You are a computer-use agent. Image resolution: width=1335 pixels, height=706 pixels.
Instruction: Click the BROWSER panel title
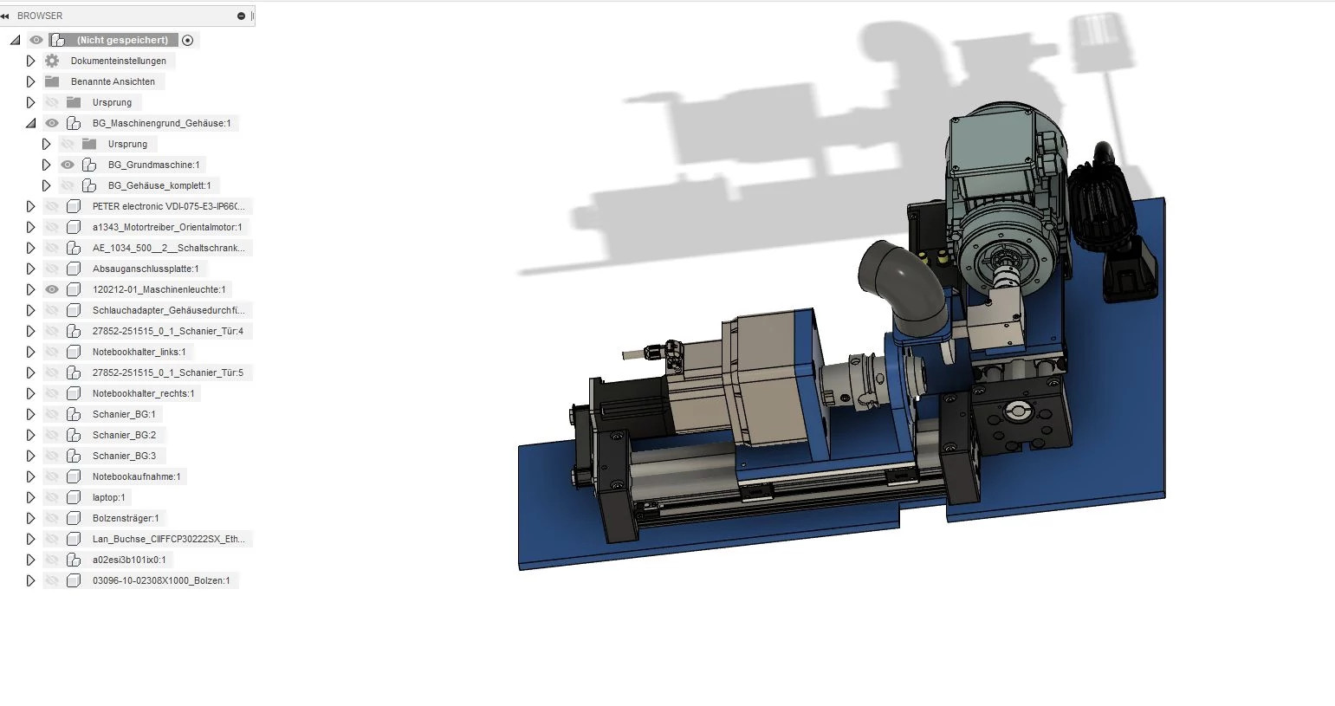click(39, 16)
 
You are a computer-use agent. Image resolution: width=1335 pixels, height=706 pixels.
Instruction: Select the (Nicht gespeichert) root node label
click(122, 40)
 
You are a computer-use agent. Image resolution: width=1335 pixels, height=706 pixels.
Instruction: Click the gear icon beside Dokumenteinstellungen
click(52, 61)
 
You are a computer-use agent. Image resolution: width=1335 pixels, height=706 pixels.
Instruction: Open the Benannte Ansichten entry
click(113, 81)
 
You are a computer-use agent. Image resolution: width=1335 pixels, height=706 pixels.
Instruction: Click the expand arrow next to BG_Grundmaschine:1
click(46, 165)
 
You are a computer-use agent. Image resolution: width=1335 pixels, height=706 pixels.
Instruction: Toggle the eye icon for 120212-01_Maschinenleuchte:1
click(52, 289)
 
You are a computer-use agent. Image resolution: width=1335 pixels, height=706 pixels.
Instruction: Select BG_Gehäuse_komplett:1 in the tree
click(159, 185)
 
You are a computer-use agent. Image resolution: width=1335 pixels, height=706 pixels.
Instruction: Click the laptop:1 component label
click(108, 497)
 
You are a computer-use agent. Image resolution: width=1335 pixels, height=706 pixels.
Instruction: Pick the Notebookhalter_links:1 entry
click(139, 352)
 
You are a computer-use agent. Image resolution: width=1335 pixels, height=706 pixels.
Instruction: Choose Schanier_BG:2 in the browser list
click(124, 435)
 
